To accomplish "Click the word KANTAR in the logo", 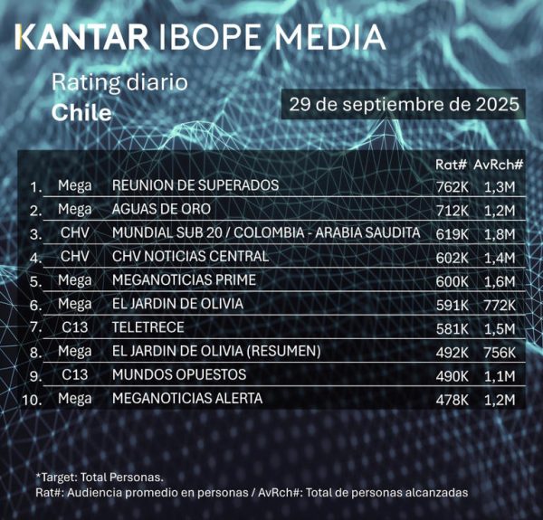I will tap(82, 38).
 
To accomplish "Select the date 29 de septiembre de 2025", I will tap(403, 103).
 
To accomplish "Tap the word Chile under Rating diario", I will tap(81, 113).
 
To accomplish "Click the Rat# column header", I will tap(451, 165).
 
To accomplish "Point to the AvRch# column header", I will tap(499, 165).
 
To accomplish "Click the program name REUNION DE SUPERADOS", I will tap(195, 186).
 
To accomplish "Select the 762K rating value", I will tap(452, 187).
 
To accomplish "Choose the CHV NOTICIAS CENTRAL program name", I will tap(190, 257).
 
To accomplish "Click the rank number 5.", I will tap(36, 281).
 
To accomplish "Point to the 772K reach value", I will tap(499, 305).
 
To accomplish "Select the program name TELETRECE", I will tap(148, 327).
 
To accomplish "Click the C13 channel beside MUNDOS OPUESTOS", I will tap(74, 374).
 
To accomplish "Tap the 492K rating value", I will tap(452, 352).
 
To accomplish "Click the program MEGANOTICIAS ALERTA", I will tap(186, 398).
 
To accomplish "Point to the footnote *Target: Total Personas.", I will tap(100, 476).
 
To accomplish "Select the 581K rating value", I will tap(452, 328).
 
